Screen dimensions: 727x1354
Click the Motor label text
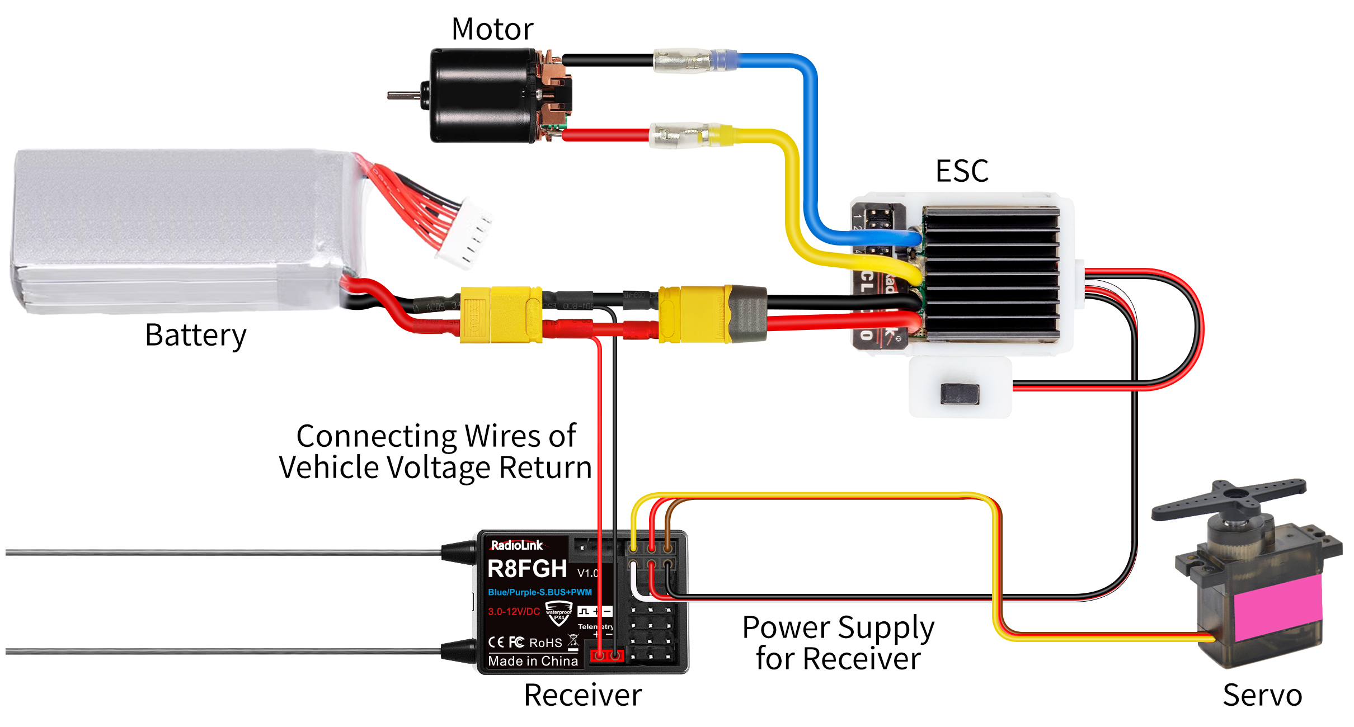(x=492, y=29)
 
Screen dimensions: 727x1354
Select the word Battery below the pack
(x=195, y=336)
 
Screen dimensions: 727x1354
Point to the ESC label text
(x=962, y=171)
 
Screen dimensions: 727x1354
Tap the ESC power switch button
(x=960, y=394)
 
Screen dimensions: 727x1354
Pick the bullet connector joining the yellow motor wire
(x=679, y=136)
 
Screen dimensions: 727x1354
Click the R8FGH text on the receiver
(x=527, y=569)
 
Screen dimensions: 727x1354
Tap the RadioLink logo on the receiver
(x=516, y=545)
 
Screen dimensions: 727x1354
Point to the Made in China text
(x=533, y=661)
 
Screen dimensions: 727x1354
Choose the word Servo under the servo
(x=1262, y=696)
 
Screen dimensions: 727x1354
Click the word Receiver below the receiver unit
(x=582, y=696)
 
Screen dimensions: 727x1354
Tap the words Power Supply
(x=838, y=627)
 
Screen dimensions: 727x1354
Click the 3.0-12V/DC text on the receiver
(x=514, y=611)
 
